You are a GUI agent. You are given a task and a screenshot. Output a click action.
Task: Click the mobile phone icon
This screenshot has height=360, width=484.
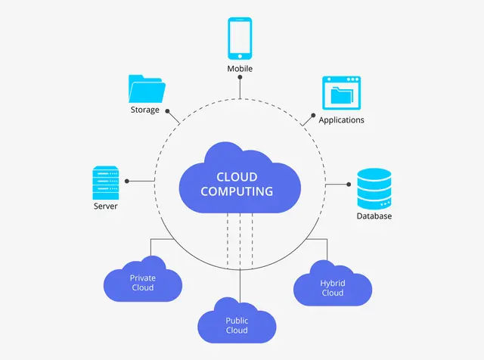pyautogui.click(x=239, y=39)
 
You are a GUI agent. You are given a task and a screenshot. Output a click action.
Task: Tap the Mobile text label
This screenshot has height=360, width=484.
pyautogui.click(x=240, y=69)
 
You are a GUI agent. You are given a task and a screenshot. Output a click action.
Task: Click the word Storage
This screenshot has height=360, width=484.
pyautogui.click(x=144, y=110)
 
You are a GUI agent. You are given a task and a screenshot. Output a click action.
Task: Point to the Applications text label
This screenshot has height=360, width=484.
pyautogui.click(x=341, y=120)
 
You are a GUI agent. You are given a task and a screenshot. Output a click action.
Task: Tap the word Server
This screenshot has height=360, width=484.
pyautogui.click(x=106, y=206)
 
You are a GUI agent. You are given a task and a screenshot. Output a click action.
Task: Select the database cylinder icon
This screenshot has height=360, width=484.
pyautogui.click(x=374, y=189)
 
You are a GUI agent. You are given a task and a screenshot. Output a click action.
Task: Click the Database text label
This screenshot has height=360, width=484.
pyautogui.click(x=374, y=217)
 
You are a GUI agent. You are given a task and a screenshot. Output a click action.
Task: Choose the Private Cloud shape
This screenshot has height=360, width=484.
pyautogui.click(x=142, y=282)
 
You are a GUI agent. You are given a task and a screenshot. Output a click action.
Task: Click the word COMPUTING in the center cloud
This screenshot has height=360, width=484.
pyautogui.click(x=237, y=192)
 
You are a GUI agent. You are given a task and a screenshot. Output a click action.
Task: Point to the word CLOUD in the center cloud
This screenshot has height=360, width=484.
pyautogui.click(x=237, y=178)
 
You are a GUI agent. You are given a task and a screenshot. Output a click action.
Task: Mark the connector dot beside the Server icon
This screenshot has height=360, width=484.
pyautogui.click(x=127, y=182)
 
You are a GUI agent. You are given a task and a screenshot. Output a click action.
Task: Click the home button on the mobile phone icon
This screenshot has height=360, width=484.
pyautogui.click(x=239, y=54)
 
